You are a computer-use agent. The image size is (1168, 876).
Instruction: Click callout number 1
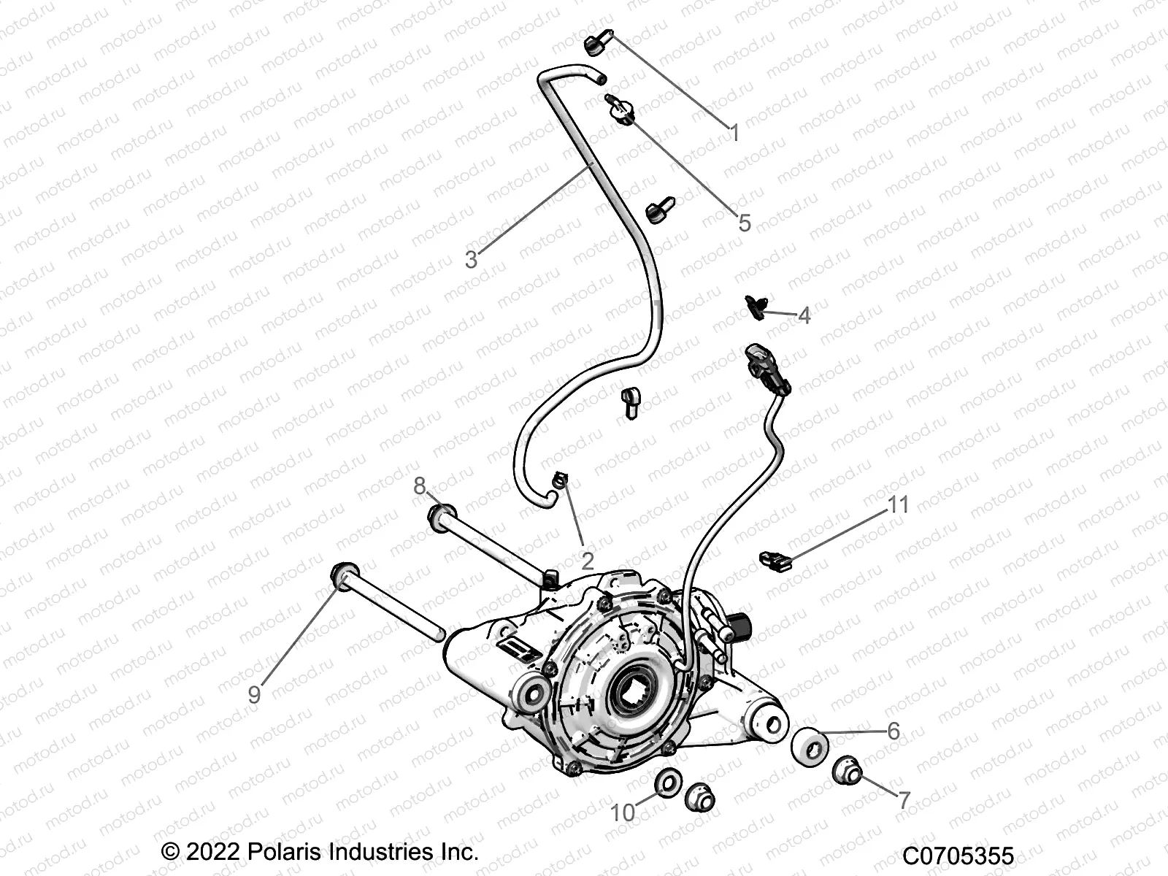[735, 134]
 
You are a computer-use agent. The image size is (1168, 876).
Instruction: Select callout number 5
[744, 223]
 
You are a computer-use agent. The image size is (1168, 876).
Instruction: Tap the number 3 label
[472, 259]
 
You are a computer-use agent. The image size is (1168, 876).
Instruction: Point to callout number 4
[804, 315]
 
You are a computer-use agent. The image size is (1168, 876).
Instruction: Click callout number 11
[898, 504]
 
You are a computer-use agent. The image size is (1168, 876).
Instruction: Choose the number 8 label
[420, 485]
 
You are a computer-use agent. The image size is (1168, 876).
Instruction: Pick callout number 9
[254, 693]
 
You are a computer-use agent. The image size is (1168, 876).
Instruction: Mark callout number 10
[623, 812]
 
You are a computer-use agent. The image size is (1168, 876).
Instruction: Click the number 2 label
[587, 561]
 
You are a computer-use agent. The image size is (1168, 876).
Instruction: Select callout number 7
[904, 800]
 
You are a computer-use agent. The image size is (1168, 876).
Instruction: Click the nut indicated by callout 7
[848, 772]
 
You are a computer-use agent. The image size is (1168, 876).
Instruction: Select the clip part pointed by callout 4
[757, 307]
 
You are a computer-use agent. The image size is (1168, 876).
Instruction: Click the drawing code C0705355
[958, 856]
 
